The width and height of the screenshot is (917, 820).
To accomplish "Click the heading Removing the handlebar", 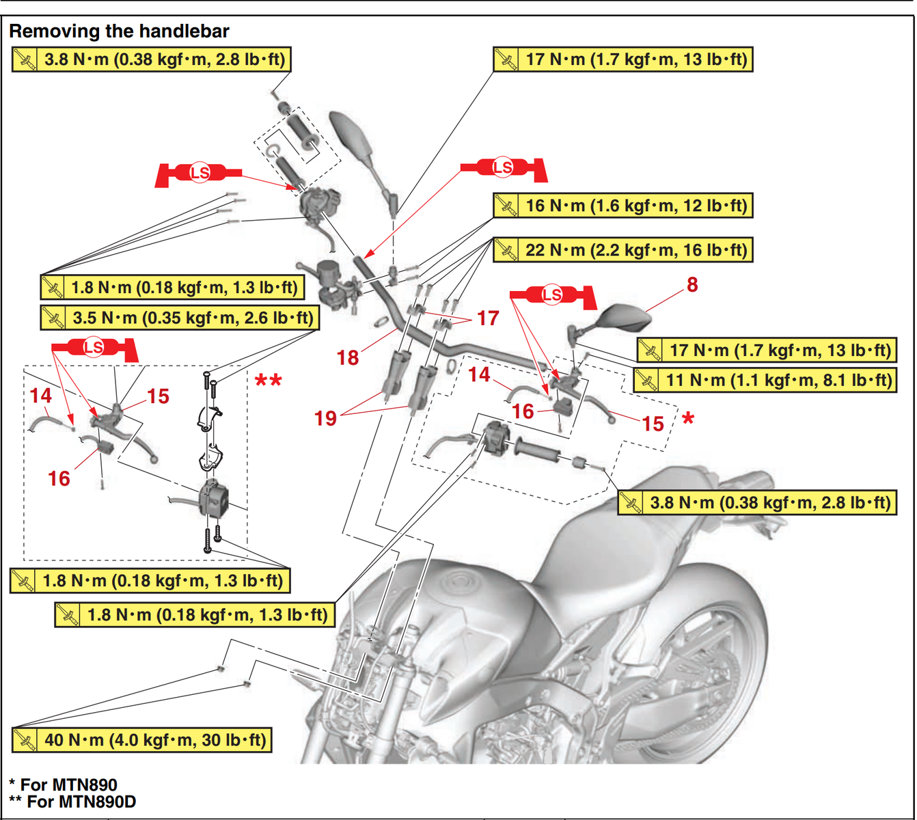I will click(119, 31).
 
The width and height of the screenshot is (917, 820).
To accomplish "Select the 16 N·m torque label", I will click(622, 205).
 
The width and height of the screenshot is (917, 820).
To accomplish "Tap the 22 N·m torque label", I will click(622, 250).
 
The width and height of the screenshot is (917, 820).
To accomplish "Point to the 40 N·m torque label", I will click(142, 739).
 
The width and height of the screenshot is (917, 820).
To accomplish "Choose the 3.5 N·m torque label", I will click(180, 318).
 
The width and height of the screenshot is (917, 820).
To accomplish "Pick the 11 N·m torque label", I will click(764, 380).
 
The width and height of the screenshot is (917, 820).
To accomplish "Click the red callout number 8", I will click(692, 284).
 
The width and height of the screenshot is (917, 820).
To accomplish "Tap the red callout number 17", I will click(488, 318).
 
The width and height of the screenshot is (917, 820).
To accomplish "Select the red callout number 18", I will click(347, 357).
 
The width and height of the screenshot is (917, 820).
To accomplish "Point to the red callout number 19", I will click(325, 418).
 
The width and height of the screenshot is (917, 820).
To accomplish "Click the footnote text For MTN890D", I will click(81, 802).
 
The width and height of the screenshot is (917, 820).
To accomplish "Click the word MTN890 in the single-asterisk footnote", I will click(89, 784).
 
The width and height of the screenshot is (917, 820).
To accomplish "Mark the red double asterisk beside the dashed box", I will click(268, 381).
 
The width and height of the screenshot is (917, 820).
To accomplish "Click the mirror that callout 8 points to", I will click(620, 316).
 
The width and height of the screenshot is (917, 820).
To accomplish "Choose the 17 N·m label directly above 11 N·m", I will click(765, 351).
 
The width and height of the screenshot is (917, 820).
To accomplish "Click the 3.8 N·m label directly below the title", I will click(151, 59).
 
